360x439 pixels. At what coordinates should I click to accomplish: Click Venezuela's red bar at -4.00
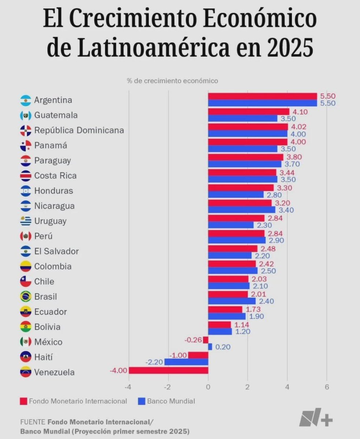click(168, 370)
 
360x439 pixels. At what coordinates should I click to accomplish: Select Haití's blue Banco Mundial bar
click(186, 362)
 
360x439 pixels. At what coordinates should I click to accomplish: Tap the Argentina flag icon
click(26, 100)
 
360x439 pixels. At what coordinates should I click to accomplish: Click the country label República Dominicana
click(79, 130)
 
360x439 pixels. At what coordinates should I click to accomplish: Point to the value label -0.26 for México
click(193, 340)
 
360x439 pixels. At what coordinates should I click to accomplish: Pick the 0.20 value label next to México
click(223, 347)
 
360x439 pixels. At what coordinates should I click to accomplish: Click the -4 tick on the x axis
click(129, 387)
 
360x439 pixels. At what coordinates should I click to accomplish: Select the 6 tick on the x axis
click(327, 387)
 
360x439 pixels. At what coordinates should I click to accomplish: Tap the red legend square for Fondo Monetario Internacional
click(24, 401)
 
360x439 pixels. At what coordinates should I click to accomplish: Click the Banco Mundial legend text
click(171, 401)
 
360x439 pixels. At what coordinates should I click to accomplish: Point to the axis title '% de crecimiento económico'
click(172, 80)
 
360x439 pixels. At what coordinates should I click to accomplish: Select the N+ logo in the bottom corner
click(316, 417)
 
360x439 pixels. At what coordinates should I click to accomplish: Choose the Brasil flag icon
click(26, 297)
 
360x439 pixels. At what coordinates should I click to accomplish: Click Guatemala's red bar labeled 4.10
click(249, 112)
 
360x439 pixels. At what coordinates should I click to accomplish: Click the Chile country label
click(44, 281)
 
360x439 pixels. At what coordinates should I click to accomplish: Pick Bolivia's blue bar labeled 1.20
click(220, 331)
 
